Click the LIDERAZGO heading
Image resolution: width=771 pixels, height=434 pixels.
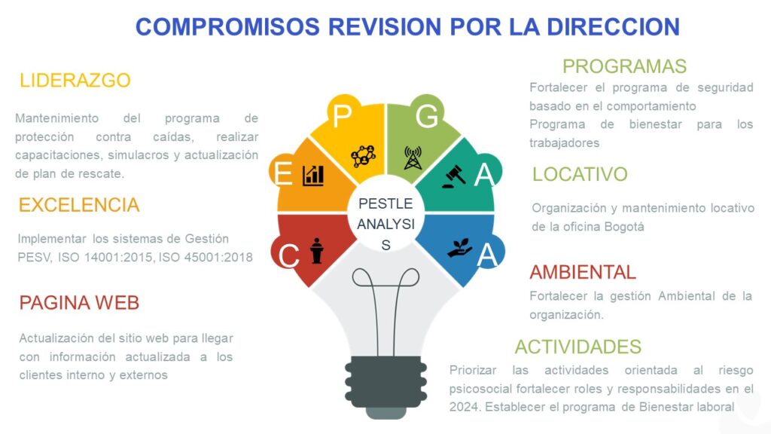(x=75, y=80)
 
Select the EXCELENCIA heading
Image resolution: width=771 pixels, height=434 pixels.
(x=79, y=205)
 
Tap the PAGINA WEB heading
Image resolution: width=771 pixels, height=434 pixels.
(x=79, y=303)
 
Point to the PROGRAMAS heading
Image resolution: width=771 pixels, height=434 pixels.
(x=624, y=66)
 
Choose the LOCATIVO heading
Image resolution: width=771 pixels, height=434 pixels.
(x=580, y=174)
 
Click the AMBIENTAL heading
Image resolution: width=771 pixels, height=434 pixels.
(x=583, y=272)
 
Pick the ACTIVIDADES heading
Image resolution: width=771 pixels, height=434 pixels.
(x=577, y=347)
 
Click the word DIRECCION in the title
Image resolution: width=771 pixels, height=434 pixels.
(x=613, y=26)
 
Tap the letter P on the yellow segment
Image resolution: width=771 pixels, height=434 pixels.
(x=343, y=116)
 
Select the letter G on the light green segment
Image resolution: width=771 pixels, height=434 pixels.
(x=426, y=116)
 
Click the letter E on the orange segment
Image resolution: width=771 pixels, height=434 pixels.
(x=283, y=174)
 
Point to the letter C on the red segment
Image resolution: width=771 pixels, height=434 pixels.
(x=288, y=256)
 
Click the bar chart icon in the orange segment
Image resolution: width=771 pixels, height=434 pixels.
(x=313, y=175)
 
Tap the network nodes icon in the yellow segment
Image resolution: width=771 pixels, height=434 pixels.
(x=363, y=157)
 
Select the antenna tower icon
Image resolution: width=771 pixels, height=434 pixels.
(x=413, y=157)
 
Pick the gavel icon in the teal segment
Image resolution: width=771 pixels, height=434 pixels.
(x=454, y=176)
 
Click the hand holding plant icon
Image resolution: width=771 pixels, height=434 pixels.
(x=460, y=248)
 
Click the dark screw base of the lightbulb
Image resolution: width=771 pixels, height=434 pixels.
(x=386, y=384)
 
